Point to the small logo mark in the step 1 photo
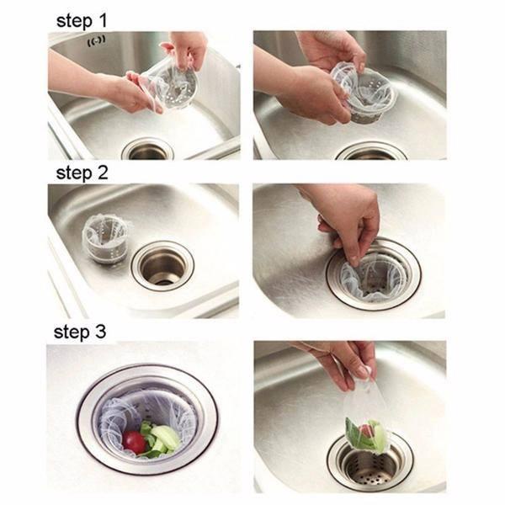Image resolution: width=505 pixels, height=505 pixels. click(x=97, y=41)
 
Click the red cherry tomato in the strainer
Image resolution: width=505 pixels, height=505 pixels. click(x=135, y=442)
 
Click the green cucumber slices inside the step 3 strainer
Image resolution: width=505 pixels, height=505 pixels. click(x=163, y=438)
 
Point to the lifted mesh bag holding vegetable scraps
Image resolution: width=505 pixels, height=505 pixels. click(x=365, y=416)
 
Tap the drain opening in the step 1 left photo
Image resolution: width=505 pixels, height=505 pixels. click(x=148, y=150)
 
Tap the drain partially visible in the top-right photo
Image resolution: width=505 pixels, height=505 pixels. click(x=371, y=152)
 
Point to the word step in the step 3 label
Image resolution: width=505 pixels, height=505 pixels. click(x=72, y=332)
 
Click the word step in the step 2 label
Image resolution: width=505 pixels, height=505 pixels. click(x=74, y=174)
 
